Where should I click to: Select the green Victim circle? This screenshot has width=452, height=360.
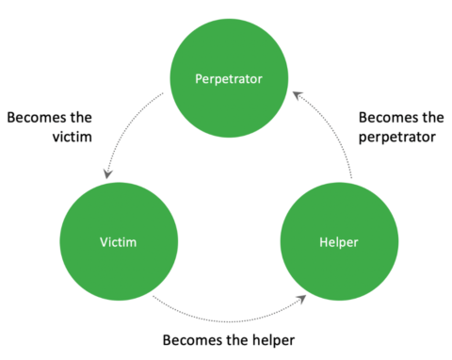118,242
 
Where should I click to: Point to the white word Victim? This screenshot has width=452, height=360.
118,243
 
